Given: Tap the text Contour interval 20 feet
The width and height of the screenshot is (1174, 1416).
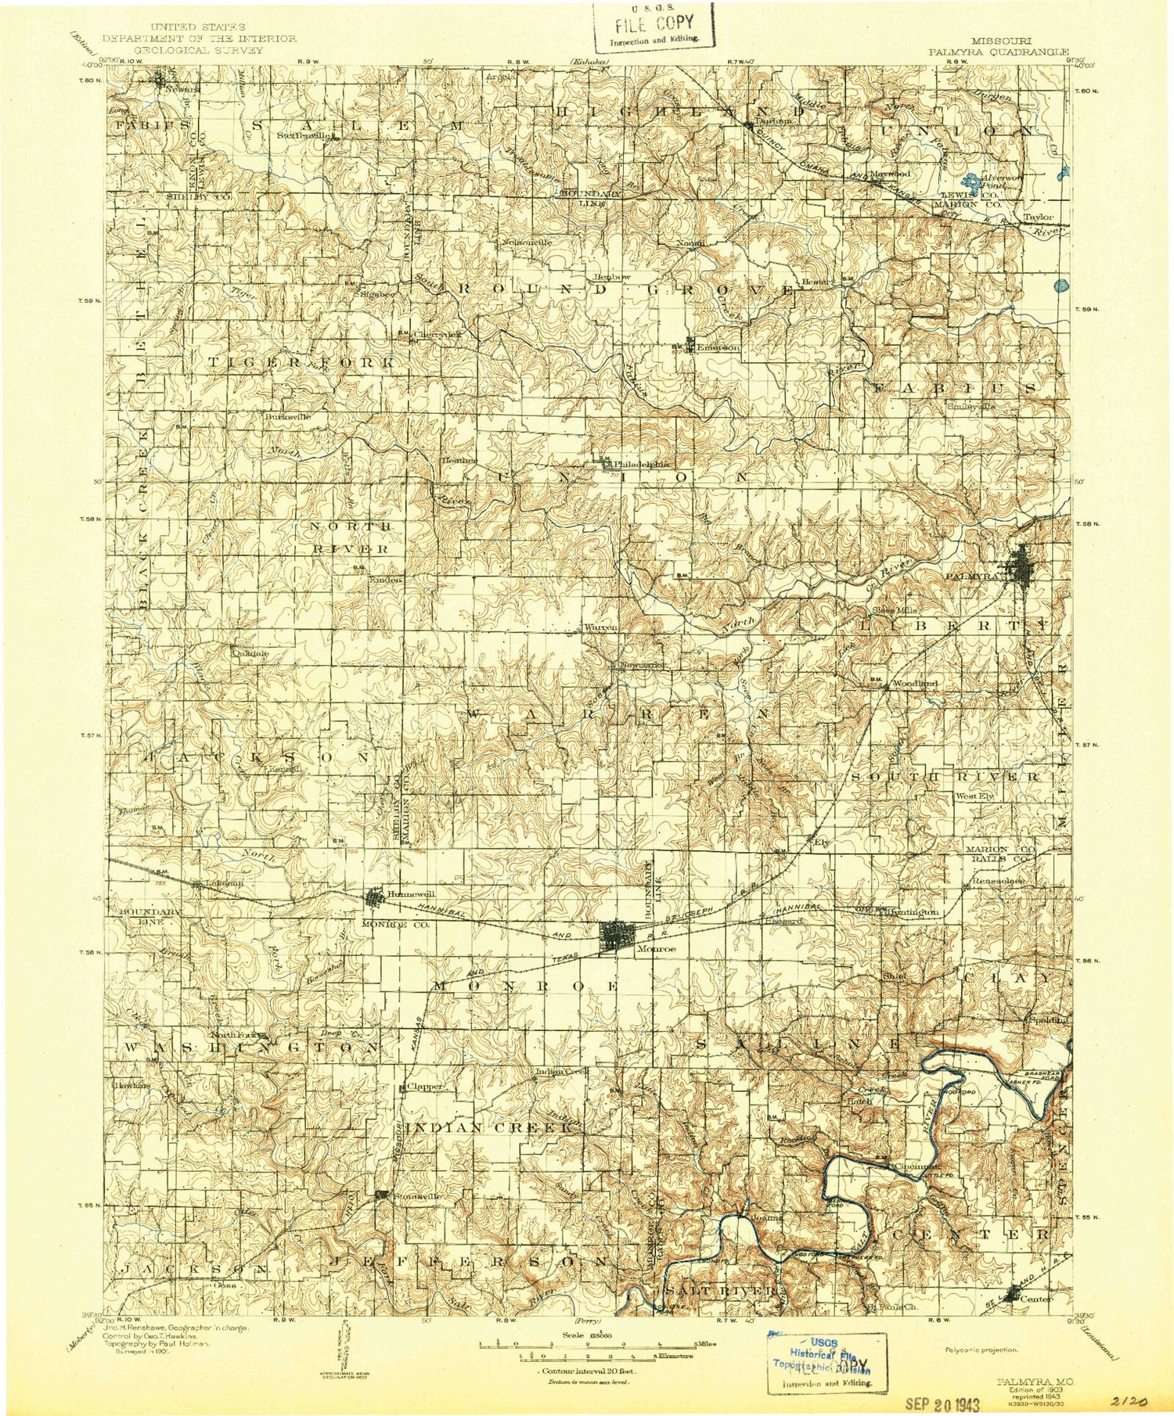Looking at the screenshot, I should coord(586,1371).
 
